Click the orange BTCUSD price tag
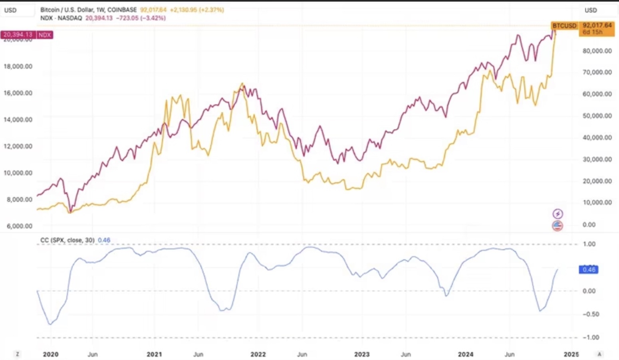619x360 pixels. pos(564,26)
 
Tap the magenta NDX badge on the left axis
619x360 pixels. pos(44,35)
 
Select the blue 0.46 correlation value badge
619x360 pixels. pos(589,270)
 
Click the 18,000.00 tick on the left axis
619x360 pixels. pos(18,66)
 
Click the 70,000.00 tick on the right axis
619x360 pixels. pos(597,72)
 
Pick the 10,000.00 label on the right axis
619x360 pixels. pos(597,202)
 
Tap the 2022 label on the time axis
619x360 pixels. pos(258,354)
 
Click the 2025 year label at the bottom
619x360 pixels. pos(571,354)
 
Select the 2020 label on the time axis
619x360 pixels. pos(51,354)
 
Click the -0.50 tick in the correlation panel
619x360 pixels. pos(591,314)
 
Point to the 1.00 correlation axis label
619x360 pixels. pos(589,244)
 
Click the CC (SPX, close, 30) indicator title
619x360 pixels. pos(67,240)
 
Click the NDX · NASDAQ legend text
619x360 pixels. pos(61,18)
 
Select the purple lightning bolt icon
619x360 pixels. pos(557,214)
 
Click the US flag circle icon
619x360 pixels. pos(557,226)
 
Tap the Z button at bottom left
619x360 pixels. pos(17,354)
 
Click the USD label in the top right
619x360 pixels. pos(591,10)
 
